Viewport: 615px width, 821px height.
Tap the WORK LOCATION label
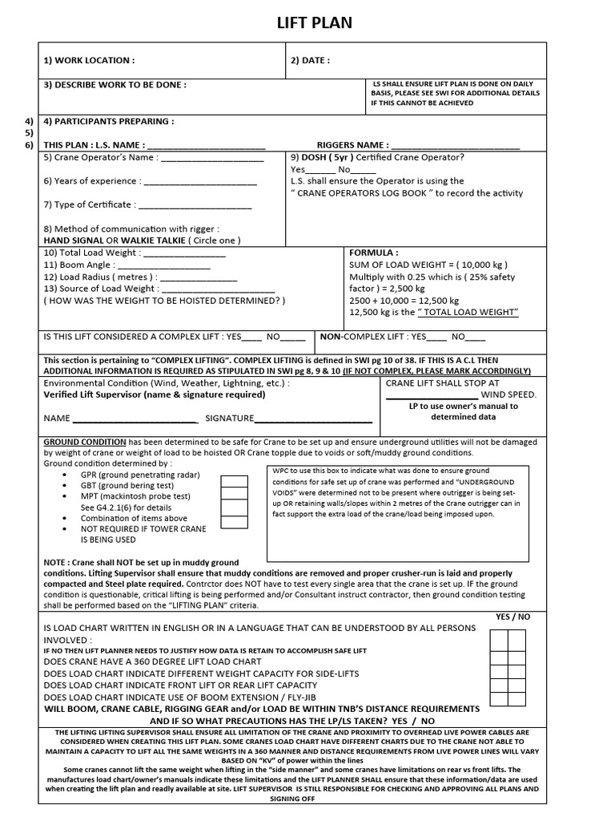(89, 60)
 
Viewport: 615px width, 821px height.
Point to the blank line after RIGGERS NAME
(455, 145)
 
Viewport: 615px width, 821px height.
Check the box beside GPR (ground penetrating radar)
(234, 482)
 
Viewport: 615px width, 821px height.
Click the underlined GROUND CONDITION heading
(84, 442)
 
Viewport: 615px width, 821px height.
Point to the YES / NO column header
(512, 617)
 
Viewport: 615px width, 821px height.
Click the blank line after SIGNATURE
(314, 419)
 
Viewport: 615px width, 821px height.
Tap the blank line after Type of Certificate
(195, 204)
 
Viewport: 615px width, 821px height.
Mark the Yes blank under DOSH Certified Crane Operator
(320, 169)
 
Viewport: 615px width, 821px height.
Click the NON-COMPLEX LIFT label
(361, 337)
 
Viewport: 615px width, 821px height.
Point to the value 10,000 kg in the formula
(482, 265)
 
